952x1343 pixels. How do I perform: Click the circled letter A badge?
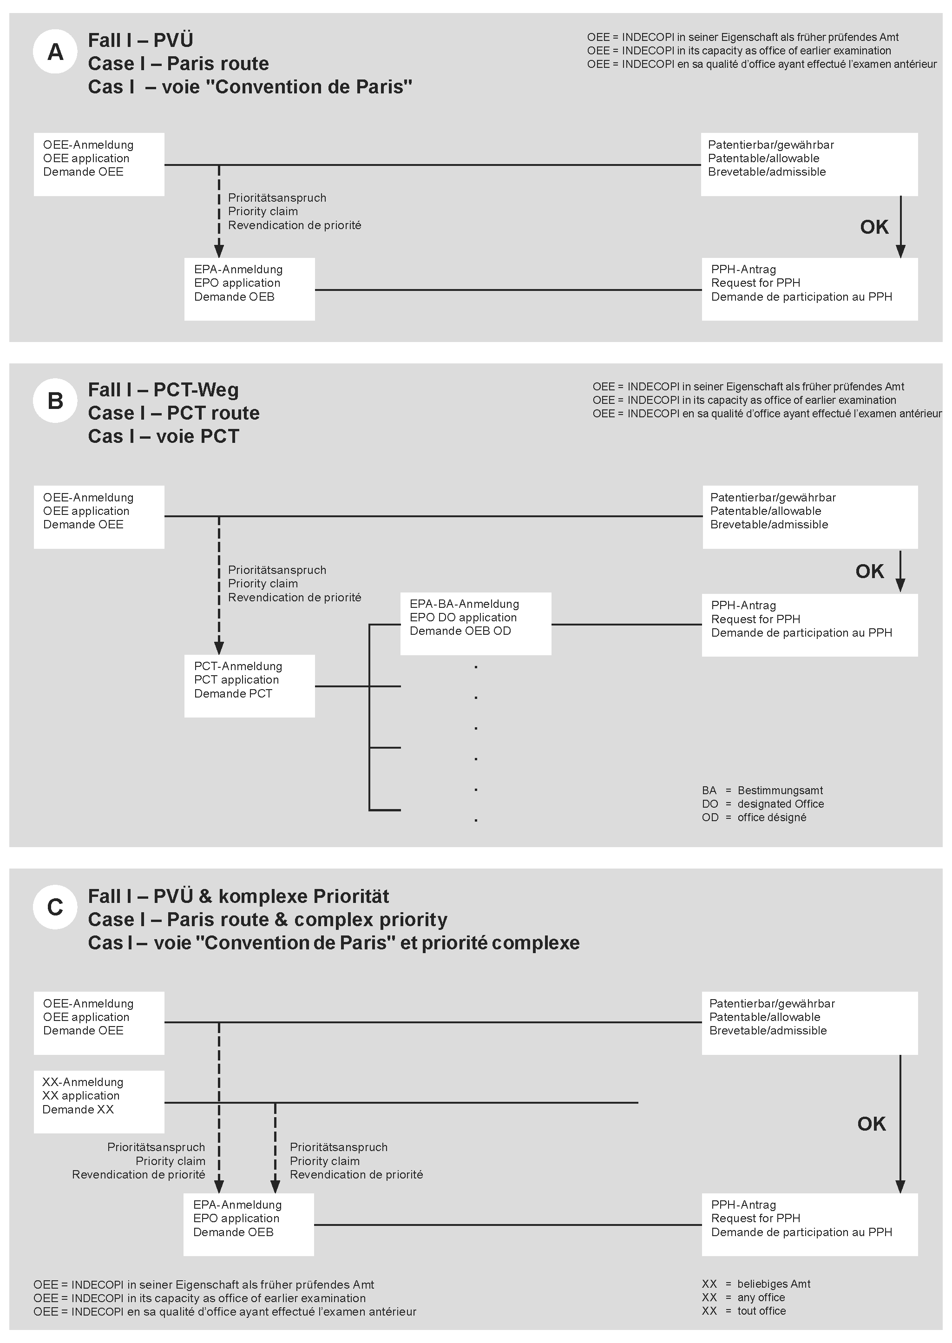point(55,52)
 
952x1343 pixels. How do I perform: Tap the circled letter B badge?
point(55,401)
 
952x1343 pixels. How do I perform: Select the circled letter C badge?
point(55,907)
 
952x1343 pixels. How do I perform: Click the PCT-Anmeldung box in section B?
point(249,686)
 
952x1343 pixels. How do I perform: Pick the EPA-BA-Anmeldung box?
point(475,623)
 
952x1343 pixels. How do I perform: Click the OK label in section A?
point(873,227)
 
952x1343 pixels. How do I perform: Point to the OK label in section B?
point(869,571)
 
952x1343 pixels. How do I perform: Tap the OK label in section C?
point(871,1124)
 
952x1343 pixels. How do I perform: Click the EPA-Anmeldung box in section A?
point(249,289)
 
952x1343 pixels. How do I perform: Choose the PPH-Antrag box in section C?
point(809,1224)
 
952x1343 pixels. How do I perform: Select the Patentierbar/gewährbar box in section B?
point(809,516)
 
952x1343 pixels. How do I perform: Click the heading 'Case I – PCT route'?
point(173,413)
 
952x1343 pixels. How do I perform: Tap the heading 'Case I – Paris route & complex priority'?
point(267,919)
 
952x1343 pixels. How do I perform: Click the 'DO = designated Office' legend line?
point(762,803)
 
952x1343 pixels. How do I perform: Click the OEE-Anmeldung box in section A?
point(98,164)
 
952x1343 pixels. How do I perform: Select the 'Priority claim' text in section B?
point(263,583)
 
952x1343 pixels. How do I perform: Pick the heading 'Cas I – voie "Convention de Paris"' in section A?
point(249,87)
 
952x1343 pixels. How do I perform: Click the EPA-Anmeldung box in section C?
point(249,1224)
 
